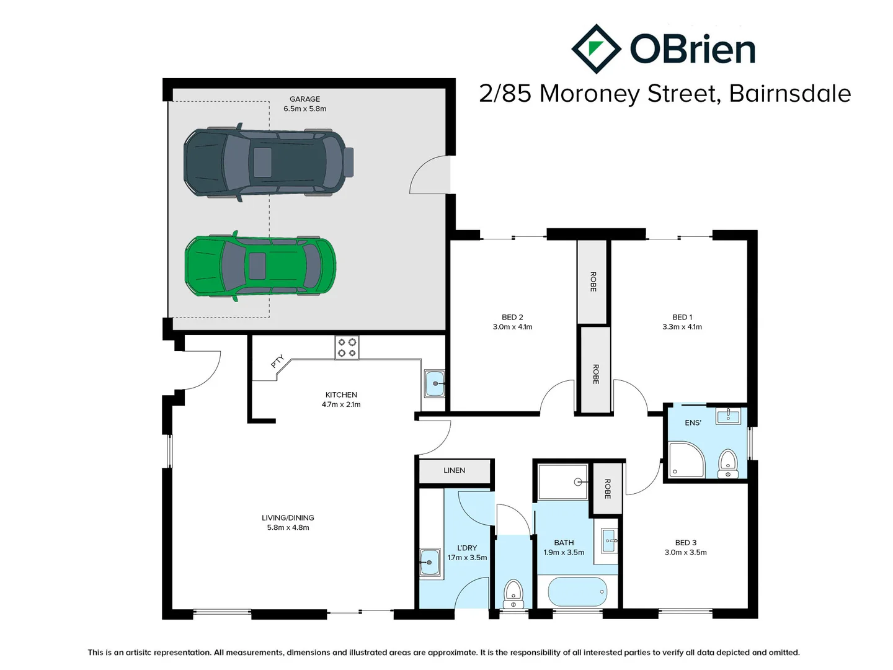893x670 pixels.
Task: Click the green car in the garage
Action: tap(260, 266)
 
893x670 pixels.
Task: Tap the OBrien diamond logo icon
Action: tap(595, 49)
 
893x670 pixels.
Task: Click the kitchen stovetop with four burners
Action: tap(347, 347)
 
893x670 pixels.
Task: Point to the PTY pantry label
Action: tap(277, 361)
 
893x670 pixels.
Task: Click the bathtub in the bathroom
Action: tap(577, 592)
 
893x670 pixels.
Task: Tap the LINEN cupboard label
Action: tap(454, 470)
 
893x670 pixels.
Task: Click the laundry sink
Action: tap(430, 563)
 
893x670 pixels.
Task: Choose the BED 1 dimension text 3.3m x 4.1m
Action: tap(682, 327)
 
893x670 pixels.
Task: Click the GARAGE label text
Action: tap(304, 99)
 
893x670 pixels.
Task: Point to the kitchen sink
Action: tap(434, 383)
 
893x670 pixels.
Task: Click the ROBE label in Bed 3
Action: tap(607, 489)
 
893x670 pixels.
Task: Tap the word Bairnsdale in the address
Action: tap(789, 94)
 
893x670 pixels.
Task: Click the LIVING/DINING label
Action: tap(288, 517)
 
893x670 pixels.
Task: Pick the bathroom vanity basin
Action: tap(609, 541)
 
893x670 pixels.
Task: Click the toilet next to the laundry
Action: tap(513, 594)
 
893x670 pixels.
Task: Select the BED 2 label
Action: tap(512, 317)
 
